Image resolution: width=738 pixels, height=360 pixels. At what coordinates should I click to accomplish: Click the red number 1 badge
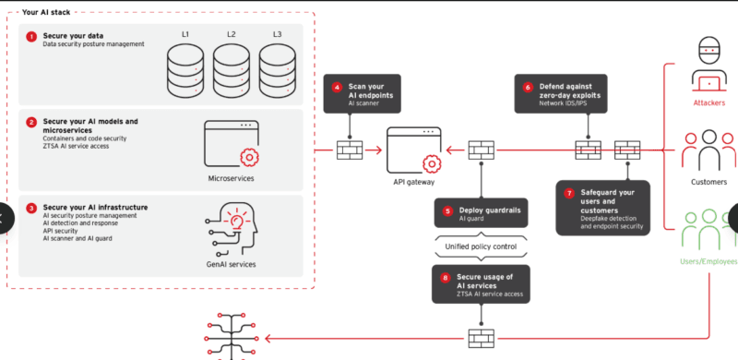pos(31,36)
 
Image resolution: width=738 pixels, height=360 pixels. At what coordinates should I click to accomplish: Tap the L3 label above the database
pos(278,34)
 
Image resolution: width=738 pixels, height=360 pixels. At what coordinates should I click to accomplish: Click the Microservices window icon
pos(232,144)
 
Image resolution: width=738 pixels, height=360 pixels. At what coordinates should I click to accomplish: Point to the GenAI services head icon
pos(232,229)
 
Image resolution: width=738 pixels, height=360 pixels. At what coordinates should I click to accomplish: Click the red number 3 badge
pos(31,208)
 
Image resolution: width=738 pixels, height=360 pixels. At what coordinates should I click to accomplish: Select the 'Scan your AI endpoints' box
pos(362,93)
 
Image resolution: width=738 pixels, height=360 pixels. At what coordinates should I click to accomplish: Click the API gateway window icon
pos(414,150)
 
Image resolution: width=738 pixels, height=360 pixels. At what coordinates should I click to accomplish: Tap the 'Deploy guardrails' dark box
pos(481,212)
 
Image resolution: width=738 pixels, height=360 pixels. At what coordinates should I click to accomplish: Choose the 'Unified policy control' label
pos(481,246)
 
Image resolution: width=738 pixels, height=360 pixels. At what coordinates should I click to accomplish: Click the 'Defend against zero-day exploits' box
pos(561,93)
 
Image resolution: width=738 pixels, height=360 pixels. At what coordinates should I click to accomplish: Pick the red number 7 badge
pos(569,193)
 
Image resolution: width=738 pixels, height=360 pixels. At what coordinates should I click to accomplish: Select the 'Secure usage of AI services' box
pos(481,284)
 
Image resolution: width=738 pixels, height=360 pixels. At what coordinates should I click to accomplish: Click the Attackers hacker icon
pos(708,66)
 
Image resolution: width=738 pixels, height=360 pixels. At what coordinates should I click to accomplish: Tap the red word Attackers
pos(708,102)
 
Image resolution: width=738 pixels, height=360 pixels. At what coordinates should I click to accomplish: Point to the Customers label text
pos(708,182)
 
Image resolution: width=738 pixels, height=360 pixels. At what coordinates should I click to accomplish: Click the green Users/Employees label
pos(708,261)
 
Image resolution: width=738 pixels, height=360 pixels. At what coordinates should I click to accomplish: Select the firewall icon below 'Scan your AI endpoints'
pos(350,150)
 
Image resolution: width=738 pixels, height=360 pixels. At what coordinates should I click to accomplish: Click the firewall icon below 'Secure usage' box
pos(481,338)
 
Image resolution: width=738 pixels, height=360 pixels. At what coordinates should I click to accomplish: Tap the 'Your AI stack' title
pos(46,12)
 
